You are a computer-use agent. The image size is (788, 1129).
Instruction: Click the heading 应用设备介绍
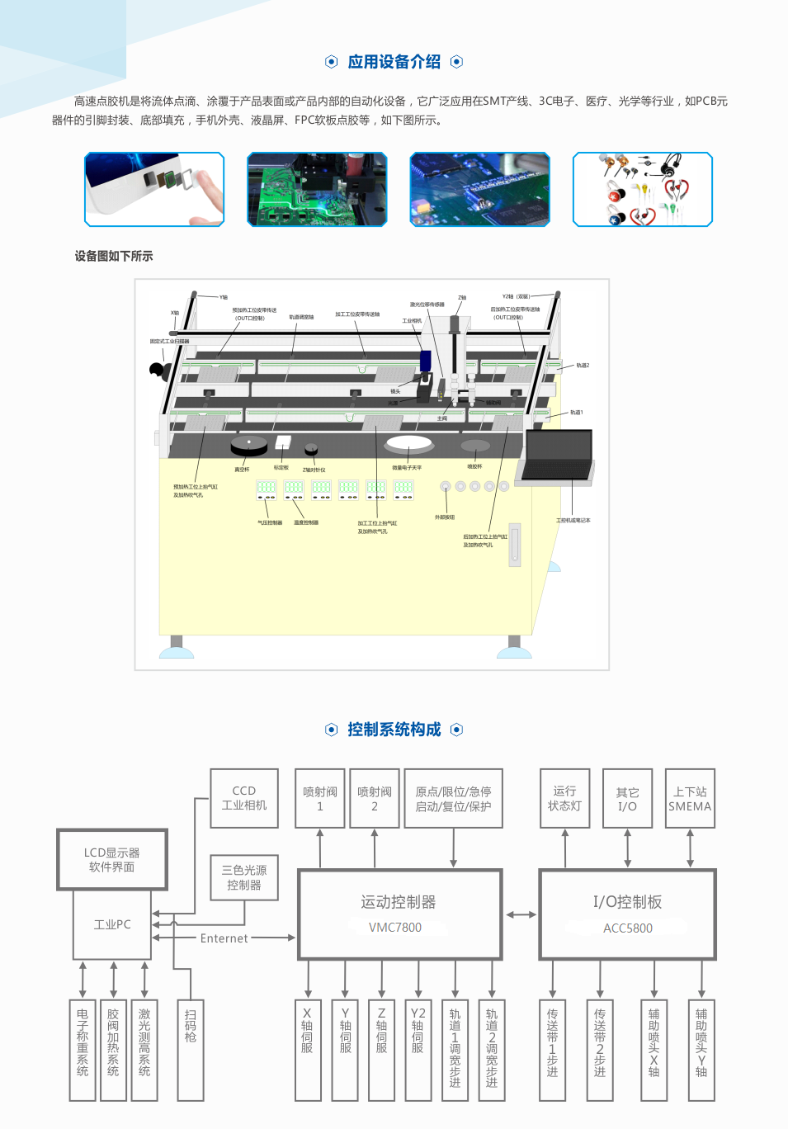coord(394,62)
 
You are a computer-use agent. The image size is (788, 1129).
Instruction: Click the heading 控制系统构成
coord(394,730)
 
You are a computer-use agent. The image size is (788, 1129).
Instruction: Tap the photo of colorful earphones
coord(643,189)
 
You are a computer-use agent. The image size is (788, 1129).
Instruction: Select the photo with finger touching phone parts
coord(154,189)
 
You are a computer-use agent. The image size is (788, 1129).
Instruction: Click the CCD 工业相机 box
coord(244,798)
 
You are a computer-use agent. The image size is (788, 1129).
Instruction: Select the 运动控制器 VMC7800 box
coord(400,914)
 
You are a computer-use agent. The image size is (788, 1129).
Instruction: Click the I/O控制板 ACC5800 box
coord(628,914)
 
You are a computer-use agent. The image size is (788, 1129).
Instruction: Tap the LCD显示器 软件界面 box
coord(112,860)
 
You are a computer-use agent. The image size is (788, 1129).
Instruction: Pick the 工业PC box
coord(112,924)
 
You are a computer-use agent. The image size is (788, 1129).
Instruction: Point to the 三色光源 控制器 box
coord(244,877)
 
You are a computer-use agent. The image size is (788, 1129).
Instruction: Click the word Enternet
coord(224,938)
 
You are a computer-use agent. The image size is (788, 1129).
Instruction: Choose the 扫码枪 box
coord(191,1050)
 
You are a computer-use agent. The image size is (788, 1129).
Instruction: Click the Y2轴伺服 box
coord(418,1050)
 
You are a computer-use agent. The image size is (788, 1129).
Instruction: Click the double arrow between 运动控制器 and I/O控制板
coord(521,914)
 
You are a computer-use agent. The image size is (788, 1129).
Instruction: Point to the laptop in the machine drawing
coord(557,457)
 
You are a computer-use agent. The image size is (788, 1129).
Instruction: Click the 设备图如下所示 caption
coord(114,257)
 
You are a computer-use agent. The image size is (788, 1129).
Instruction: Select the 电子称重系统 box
coord(83,1050)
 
